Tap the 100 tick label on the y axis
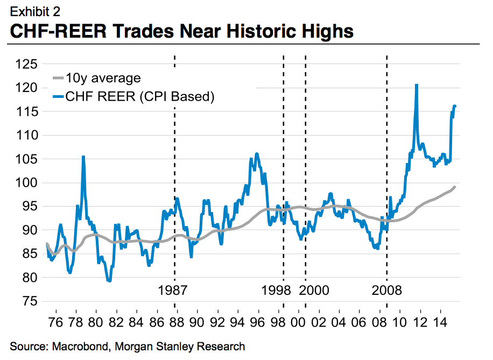[26, 183]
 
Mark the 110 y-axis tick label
[26, 135]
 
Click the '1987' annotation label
[174, 291]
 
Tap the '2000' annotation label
[314, 291]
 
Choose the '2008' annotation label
[387, 291]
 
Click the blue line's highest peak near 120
[416, 84]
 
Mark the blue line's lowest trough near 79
[109, 281]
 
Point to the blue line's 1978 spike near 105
[83, 157]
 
